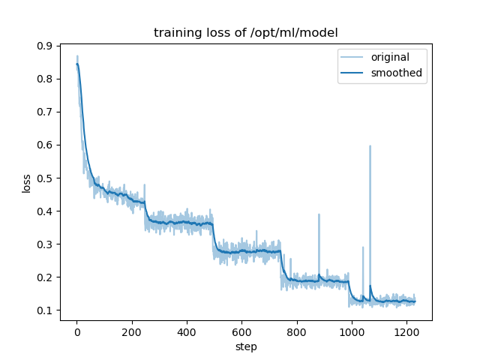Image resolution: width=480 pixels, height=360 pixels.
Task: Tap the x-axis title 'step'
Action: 245,347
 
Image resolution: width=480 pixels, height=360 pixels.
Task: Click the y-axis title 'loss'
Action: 26,182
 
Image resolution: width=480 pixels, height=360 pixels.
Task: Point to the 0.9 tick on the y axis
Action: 46,46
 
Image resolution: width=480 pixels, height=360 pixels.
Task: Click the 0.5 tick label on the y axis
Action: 46,178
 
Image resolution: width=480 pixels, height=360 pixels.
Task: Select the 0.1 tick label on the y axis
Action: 46,310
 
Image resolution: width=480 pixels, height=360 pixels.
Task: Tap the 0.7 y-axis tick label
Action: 46,112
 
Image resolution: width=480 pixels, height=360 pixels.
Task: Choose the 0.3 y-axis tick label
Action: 46,244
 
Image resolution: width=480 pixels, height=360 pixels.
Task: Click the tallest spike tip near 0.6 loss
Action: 370,146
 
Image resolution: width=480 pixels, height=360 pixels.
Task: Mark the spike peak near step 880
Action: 319,214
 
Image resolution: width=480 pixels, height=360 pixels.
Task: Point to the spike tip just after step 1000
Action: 363,247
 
